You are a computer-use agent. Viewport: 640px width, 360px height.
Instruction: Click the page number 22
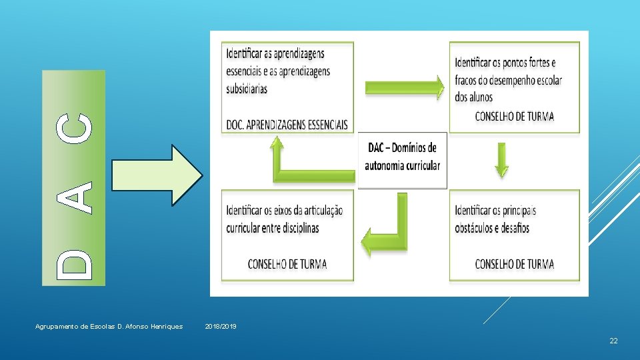click(x=613, y=341)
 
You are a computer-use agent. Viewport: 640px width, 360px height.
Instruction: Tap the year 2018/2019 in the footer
click(x=221, y=327)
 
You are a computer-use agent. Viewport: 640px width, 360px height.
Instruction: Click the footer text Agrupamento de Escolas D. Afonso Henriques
click(x=109, y=327)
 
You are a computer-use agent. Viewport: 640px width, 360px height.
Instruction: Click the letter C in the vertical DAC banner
click(x=73, y=127)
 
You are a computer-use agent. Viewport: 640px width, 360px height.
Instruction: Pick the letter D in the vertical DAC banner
click(x=73, y=263)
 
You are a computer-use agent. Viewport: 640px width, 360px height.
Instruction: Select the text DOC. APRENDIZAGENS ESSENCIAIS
click(x=287, y=124)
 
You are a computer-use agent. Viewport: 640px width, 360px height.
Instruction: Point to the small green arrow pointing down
click(x=502, y=161)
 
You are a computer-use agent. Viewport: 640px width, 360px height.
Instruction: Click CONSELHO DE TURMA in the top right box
click(x=514, y=117)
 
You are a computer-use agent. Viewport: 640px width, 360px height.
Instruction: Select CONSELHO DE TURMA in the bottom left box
click(x=287, y=264)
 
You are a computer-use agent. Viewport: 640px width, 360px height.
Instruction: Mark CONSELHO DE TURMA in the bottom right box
click(x=514, y=264)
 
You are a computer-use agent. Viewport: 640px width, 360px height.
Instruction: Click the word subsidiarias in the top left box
click(x=247, y=88)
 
